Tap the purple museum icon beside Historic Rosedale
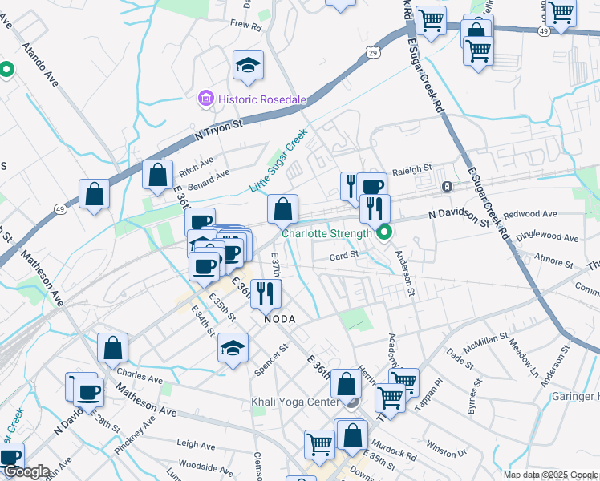[205, 99]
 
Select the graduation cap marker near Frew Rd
[248, 65]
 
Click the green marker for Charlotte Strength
[383, 233]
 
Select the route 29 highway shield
[373, 52]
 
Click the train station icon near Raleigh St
[447, 186]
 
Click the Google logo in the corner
[26, 472]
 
